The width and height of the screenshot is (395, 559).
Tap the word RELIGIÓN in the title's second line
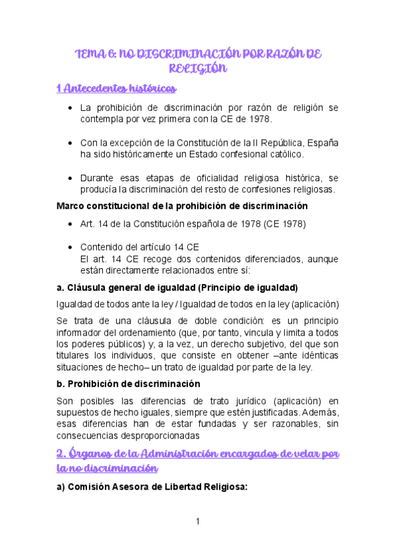coord(197,68)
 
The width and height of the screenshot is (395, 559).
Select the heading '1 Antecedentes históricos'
coord(116,88)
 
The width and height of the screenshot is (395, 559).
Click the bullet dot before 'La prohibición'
coord(71,107)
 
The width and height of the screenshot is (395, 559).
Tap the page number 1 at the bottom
coord(197,522)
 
